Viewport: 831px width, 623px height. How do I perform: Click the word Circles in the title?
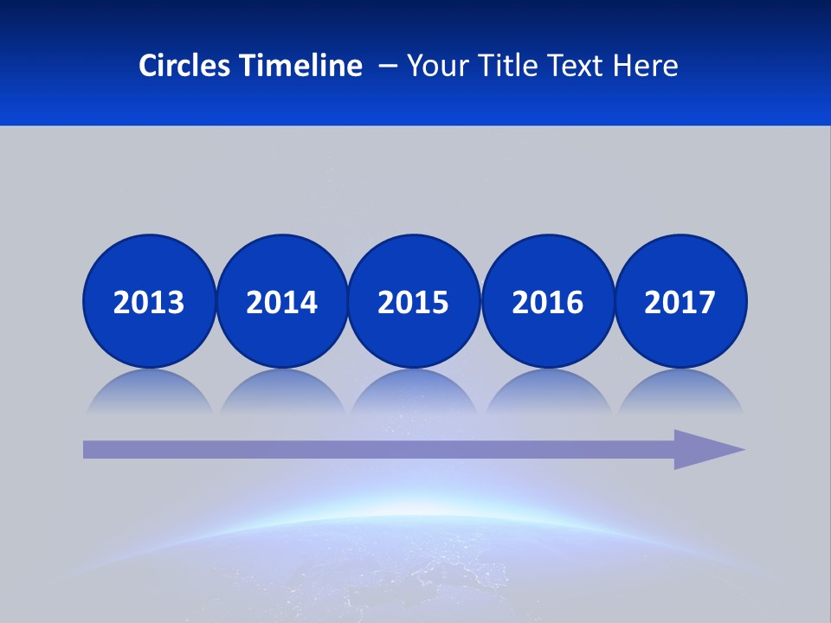tap(185, 66)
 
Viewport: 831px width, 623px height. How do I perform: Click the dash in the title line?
tap(388, 66)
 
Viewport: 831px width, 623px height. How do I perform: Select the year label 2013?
tap(149, 302)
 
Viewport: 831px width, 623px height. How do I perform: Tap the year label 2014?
tap(281, 302)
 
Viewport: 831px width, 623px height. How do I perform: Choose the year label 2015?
tap(414, 302)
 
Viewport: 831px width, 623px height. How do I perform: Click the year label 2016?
tap(547, 302)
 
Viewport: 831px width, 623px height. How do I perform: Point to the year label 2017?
tap(680, 302)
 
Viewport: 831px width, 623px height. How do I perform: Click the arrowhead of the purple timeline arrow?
tap(705, 449)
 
